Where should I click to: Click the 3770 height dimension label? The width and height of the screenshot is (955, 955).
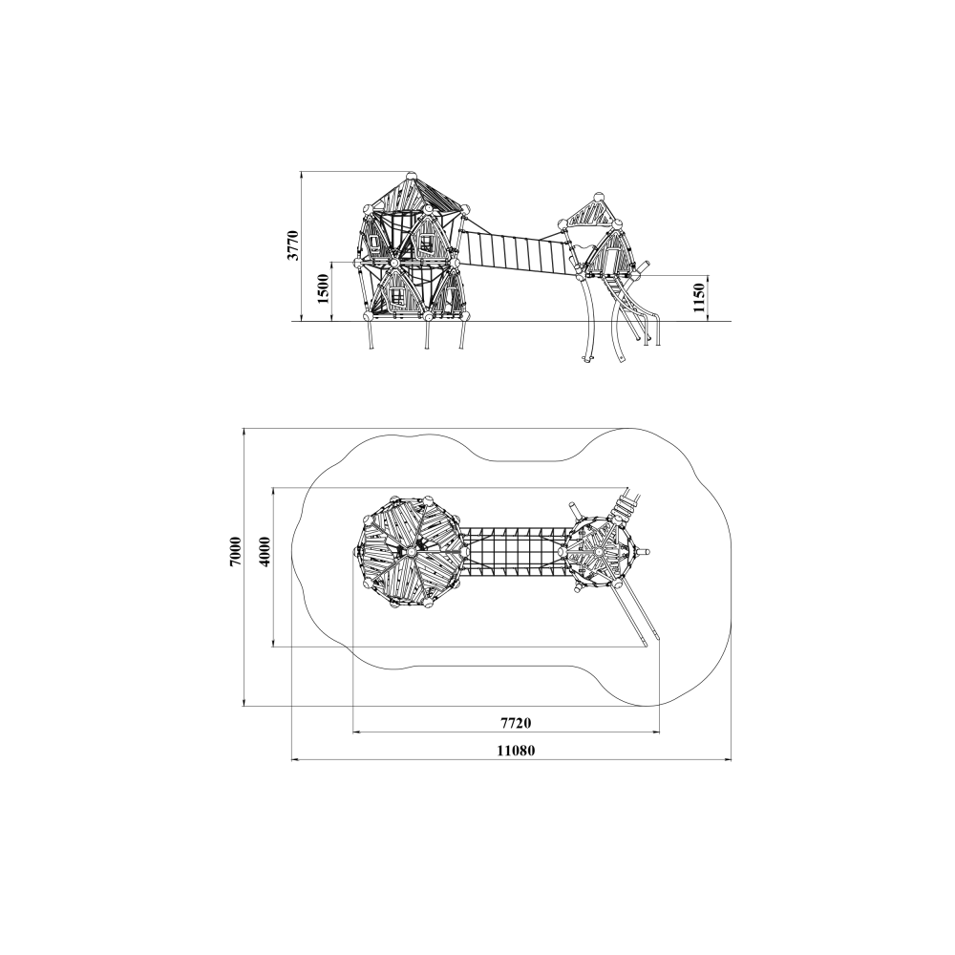tap(294, 245)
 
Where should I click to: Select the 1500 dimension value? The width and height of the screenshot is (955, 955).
tap(324, 289)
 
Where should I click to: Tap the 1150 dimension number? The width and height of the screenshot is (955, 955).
tap(699, 298)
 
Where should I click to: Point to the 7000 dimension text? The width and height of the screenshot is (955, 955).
tap(236, 551)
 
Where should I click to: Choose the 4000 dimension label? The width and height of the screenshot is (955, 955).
tap(265, 552)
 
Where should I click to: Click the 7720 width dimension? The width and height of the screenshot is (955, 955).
tap(516, 723)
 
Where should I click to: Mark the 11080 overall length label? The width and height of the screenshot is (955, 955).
tap(516, 751)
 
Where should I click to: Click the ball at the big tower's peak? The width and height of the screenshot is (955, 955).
tap(412, 175)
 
